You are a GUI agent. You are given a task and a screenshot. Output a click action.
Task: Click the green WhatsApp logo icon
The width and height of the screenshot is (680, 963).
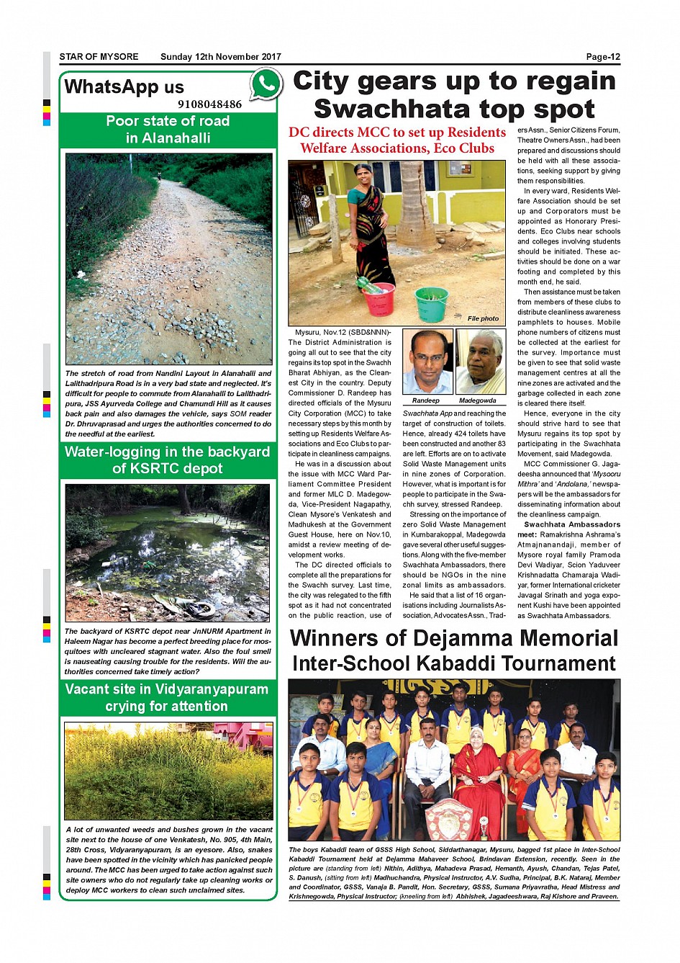266,84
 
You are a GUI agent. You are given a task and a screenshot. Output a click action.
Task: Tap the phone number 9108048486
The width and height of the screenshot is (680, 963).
209,104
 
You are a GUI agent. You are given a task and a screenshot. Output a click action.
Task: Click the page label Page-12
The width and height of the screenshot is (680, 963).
602,57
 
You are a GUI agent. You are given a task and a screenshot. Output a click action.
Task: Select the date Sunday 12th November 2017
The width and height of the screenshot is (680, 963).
221,57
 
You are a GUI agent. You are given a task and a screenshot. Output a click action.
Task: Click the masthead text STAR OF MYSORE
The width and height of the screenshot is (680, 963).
99,57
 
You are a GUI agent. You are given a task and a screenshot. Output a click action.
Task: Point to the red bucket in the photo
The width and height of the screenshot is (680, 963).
379,297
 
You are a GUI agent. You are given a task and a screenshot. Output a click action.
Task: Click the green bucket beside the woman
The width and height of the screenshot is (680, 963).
432,303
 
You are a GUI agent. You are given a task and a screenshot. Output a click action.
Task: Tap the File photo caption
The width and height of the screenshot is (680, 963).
483,318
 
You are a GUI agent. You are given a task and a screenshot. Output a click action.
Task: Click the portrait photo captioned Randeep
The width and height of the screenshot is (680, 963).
427,362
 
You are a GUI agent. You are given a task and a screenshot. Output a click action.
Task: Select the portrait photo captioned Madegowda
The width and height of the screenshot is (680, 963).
481,362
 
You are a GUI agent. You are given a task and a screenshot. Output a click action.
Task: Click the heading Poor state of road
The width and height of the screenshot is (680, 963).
168,121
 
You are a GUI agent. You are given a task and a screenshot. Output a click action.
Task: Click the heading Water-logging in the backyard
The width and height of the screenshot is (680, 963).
167,452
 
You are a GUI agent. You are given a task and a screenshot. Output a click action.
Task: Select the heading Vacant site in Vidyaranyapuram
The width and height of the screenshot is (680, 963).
166,689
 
